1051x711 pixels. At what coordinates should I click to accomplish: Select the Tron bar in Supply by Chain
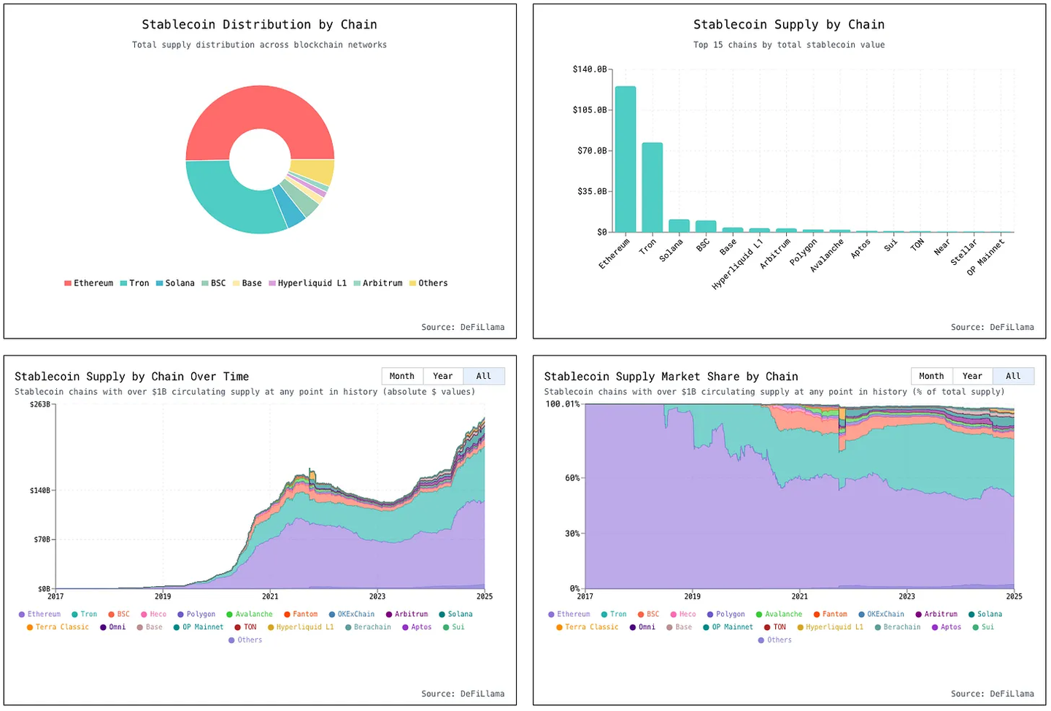652,188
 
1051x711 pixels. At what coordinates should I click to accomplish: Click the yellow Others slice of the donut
314,172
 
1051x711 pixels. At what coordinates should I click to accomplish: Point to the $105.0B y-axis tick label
589,110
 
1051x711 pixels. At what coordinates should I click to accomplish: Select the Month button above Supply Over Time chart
402,376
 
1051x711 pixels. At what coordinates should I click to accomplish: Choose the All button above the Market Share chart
1013,376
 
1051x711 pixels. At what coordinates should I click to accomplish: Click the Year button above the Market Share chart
972,376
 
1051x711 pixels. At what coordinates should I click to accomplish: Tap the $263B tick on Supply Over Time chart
39,404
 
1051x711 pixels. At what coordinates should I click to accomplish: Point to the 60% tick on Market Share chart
572,478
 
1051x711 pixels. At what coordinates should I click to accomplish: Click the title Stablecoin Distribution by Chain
259,25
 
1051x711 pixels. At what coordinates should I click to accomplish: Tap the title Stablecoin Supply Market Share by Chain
671,377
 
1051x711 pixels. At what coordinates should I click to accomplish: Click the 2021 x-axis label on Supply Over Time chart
270,596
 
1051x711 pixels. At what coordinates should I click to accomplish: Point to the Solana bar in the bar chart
679,226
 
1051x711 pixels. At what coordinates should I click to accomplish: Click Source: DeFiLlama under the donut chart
463,327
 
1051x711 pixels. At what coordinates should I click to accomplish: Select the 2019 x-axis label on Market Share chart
692,596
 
